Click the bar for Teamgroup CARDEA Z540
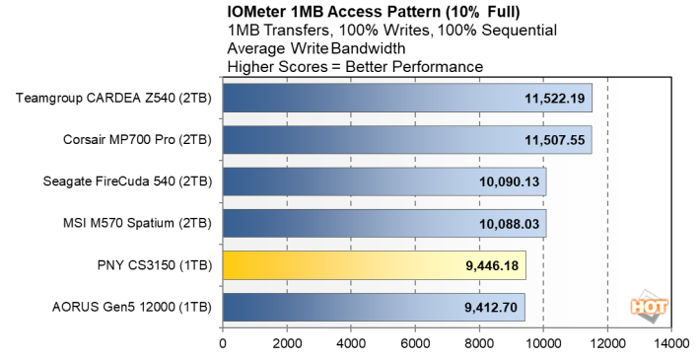pos(394,99)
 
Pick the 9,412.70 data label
pos(489,307)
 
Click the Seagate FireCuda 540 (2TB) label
pos(127,181)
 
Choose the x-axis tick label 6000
pos(415,344)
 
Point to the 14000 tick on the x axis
pos(670,344)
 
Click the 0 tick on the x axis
pos(223,344)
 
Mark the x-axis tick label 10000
pos(543,344)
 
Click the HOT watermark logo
pos(651,305)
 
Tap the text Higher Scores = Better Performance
pos(354,66)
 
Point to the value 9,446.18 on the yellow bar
pos(490,265)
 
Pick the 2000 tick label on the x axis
pos(287,344)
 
